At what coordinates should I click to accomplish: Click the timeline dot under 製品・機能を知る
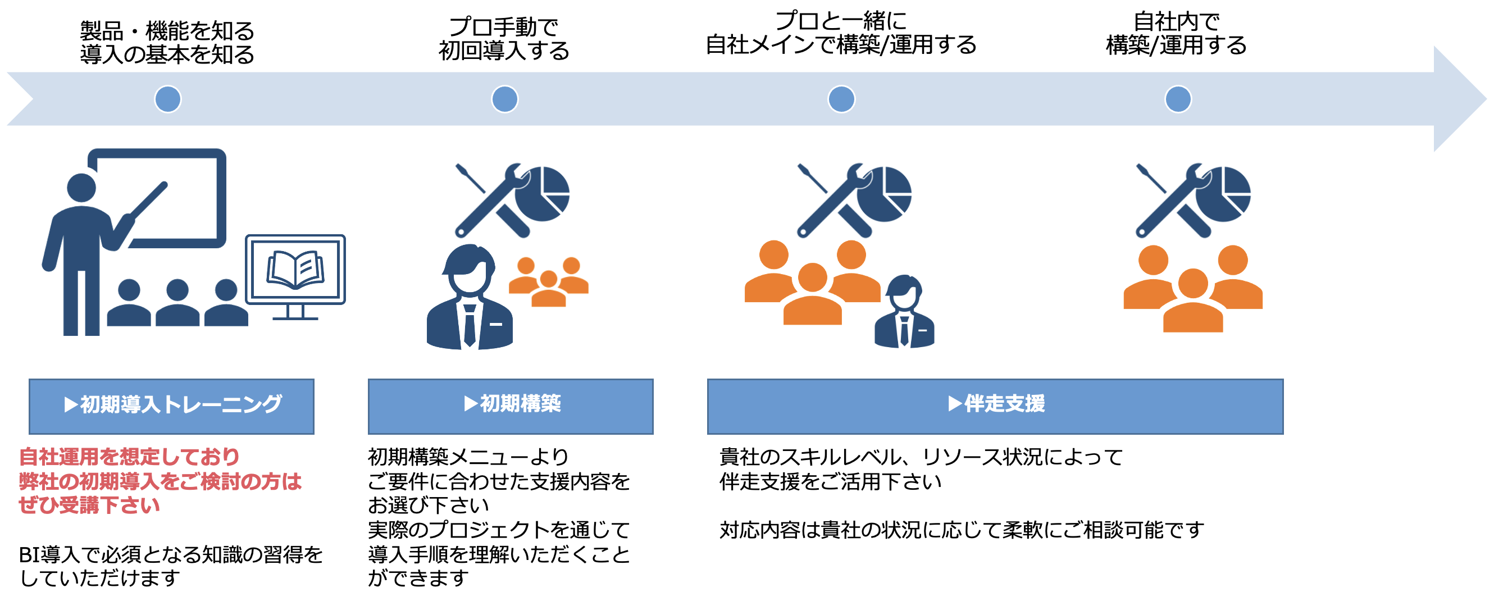click(167, 99)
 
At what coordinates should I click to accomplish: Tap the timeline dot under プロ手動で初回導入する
click(504, 99)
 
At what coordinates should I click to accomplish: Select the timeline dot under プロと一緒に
click(841, 99)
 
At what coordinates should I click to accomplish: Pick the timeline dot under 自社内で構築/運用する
click(1178, 99)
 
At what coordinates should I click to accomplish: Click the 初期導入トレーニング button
click(172, 407)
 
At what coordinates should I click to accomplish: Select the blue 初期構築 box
click(511, 407)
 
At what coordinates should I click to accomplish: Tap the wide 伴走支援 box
click(995, 407)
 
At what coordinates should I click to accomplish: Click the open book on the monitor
click(295, 270)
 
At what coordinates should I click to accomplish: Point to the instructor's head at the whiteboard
click(82, 188)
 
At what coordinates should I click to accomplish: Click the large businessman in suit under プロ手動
click(470, 297)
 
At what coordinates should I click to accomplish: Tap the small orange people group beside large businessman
click(549, 282)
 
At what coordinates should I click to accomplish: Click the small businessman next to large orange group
click(904, 312)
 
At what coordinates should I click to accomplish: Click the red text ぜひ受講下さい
click(89, 506)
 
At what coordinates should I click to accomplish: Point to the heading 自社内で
click(1177, 21)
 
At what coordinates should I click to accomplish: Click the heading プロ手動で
click(503, 27)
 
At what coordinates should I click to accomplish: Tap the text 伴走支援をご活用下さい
click(831, 481)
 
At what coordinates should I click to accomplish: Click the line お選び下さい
click(429, 506)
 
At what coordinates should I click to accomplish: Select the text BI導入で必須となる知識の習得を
click(171, 554)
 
